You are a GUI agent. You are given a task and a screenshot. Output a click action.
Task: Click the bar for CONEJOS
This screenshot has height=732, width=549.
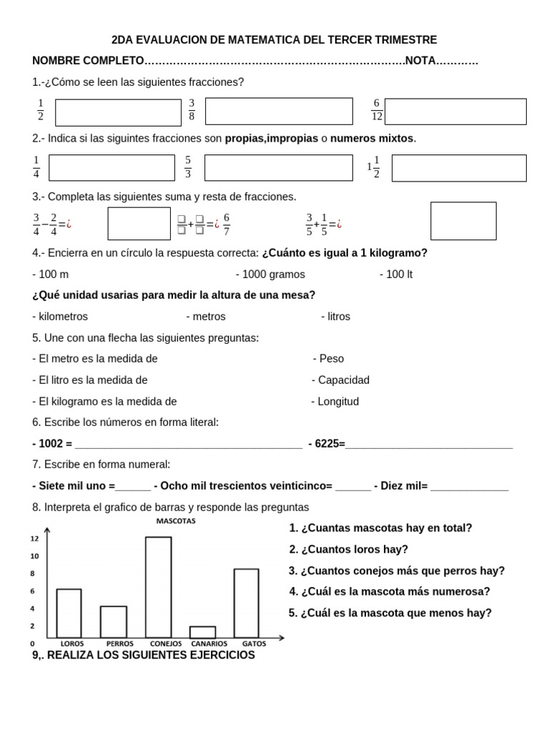159,587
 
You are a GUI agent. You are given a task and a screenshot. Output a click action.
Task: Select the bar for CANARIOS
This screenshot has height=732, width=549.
202,632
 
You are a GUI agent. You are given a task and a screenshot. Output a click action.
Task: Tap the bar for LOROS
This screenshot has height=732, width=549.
69,613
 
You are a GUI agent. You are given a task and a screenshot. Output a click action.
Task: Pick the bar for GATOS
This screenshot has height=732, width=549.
246,603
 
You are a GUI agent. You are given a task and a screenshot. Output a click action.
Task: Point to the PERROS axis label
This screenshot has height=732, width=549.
114,643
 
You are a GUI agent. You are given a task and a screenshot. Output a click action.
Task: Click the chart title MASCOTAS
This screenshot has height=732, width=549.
176,520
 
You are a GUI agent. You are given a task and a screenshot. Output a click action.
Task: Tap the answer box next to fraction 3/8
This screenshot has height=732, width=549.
279,112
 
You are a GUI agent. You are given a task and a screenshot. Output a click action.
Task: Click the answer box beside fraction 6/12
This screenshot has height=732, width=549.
455,112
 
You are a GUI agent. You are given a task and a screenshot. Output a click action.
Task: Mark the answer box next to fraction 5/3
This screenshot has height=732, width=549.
279,167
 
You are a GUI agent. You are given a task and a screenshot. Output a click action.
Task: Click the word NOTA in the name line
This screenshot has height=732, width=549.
420,61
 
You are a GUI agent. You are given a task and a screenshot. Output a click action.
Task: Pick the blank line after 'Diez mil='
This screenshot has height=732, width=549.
470,486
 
